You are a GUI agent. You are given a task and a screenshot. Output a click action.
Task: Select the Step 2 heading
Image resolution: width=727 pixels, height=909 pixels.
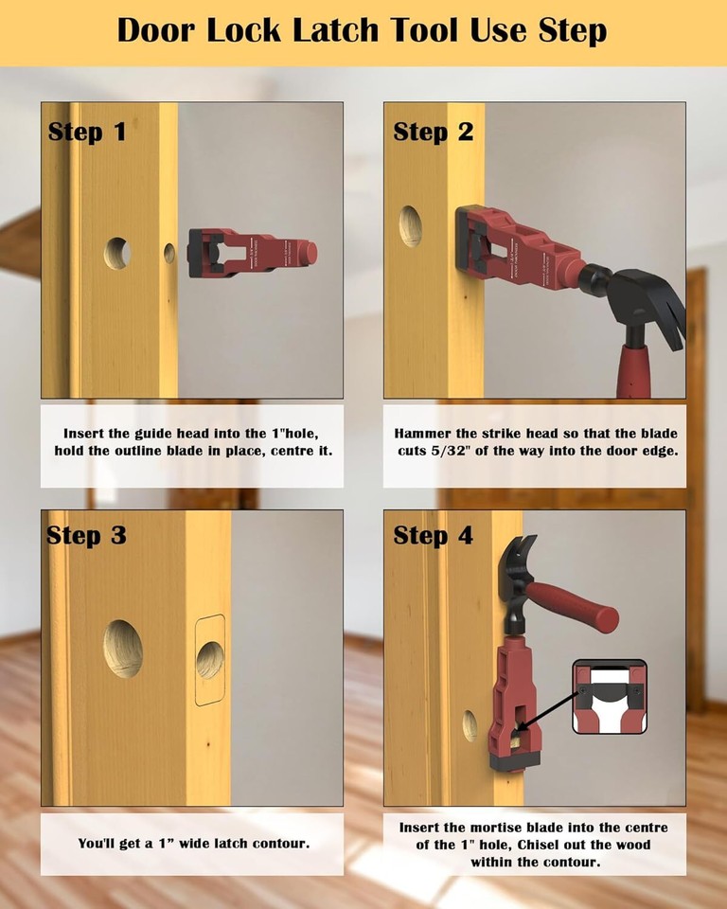pyautogui.click(x=433, y=132)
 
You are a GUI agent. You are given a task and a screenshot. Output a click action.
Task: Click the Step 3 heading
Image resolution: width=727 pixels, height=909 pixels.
pyautogui.click(x=86, y=535)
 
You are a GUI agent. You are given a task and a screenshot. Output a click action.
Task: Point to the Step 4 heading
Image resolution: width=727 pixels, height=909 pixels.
pyautogui.click(x=433, y=535)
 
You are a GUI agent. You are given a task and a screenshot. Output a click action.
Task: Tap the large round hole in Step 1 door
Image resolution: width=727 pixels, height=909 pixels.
pyautogui.click(x=117, y=253)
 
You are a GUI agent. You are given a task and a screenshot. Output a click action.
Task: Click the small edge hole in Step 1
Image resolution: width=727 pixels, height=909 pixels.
pyautogui.click(x=169, y=253)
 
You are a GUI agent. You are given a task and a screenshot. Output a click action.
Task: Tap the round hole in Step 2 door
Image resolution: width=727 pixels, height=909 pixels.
pyautogui.click(x=411, y=226)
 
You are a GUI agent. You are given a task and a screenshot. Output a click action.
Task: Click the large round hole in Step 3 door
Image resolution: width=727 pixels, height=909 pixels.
pyautogui.click(x=123, y=649)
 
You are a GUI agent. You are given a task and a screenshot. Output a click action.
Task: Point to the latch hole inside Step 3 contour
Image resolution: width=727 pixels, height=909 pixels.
pyautogui.click(x=209, y=659)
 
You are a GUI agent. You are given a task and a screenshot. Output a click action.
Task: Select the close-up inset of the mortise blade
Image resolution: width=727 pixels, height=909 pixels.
pyautogui.click(x=610, y=696)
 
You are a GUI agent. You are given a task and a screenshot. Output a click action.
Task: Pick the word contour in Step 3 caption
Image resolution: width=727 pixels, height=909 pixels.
pyautogui.click(x=275, y=843)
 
